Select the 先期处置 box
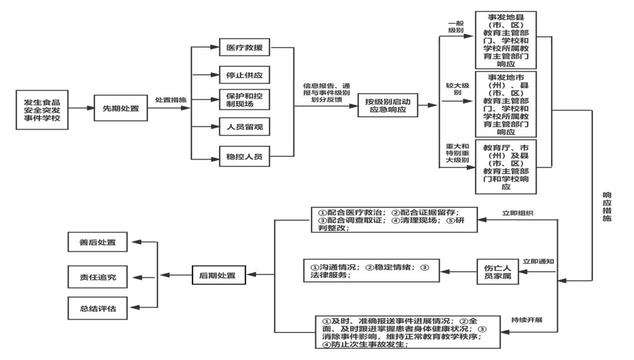120,109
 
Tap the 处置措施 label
171,100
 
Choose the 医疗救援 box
244,48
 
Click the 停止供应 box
244,75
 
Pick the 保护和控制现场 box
244,99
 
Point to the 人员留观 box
244,126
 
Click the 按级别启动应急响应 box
387,106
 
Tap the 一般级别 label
456,26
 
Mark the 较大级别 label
457,89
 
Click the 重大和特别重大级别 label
457,153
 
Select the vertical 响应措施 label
607,206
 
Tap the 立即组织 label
510,213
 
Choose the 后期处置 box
218,275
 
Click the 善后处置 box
97,242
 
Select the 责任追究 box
97,277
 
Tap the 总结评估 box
97,308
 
